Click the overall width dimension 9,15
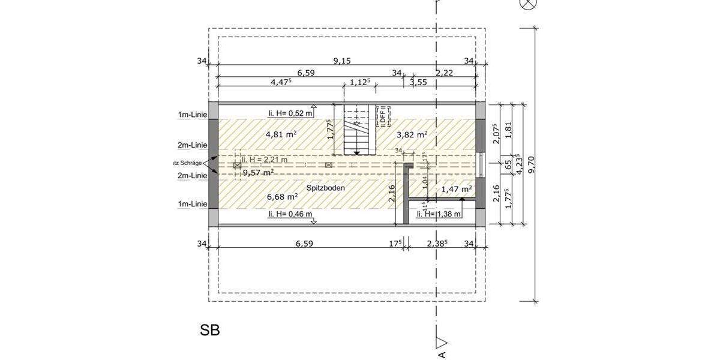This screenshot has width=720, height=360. [342, 61]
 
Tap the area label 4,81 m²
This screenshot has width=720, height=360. [281, 134]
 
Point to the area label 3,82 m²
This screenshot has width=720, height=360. [412, 134]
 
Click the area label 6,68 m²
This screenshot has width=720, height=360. [281, 196]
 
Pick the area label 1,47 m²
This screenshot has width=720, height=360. [456, 189]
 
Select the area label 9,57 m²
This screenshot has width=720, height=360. [258, 172]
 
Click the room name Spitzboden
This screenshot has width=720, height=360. [325, 188]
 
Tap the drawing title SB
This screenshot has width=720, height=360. [210, 330]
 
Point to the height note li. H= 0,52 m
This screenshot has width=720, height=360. [290, 113]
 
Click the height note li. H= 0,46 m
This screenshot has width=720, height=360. [290, 214]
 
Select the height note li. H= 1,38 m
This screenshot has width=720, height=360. [439, 214]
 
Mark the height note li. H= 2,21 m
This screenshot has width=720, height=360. [265, 160]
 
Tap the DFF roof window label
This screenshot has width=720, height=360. [382, 115]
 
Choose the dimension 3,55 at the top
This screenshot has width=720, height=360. [418, 83]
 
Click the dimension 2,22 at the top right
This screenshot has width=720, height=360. [444, 73]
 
